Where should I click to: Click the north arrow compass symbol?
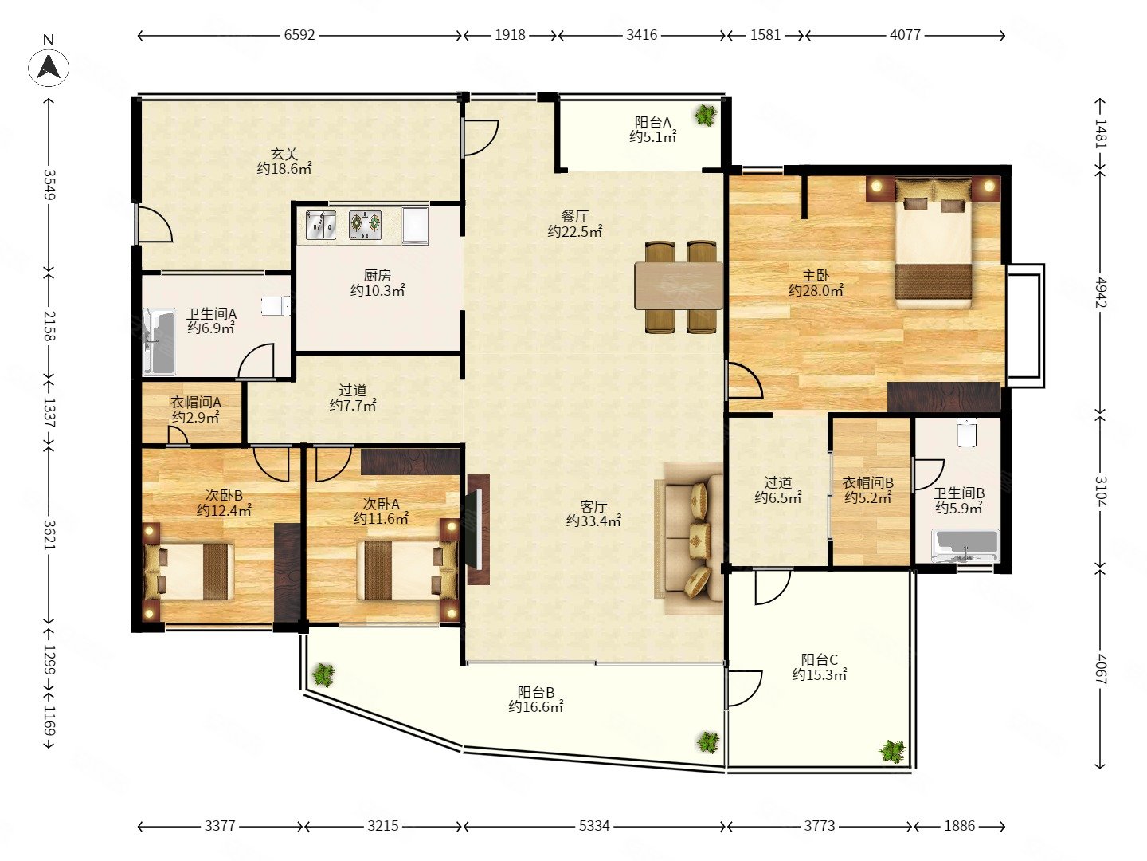pos(49,68)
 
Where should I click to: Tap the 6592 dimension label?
pos(299,35)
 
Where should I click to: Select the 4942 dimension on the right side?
pos(1101,293)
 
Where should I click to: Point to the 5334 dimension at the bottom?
pos(594,825)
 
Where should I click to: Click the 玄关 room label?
pos(284,154)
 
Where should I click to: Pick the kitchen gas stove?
pos(365,225)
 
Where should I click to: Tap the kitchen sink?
pos(320,225)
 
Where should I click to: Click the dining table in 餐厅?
pos(679,286)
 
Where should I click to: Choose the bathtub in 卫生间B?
pos(966,546)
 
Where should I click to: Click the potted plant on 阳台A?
pos(706,115)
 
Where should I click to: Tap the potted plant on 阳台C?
pos(892,751)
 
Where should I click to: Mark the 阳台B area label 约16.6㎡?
pos(535,707)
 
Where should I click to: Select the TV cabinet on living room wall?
pos(478,529)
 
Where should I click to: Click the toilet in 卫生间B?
pos(967,434)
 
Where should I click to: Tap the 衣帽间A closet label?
pos(196,402)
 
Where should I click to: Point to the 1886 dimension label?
pos(959,825)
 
